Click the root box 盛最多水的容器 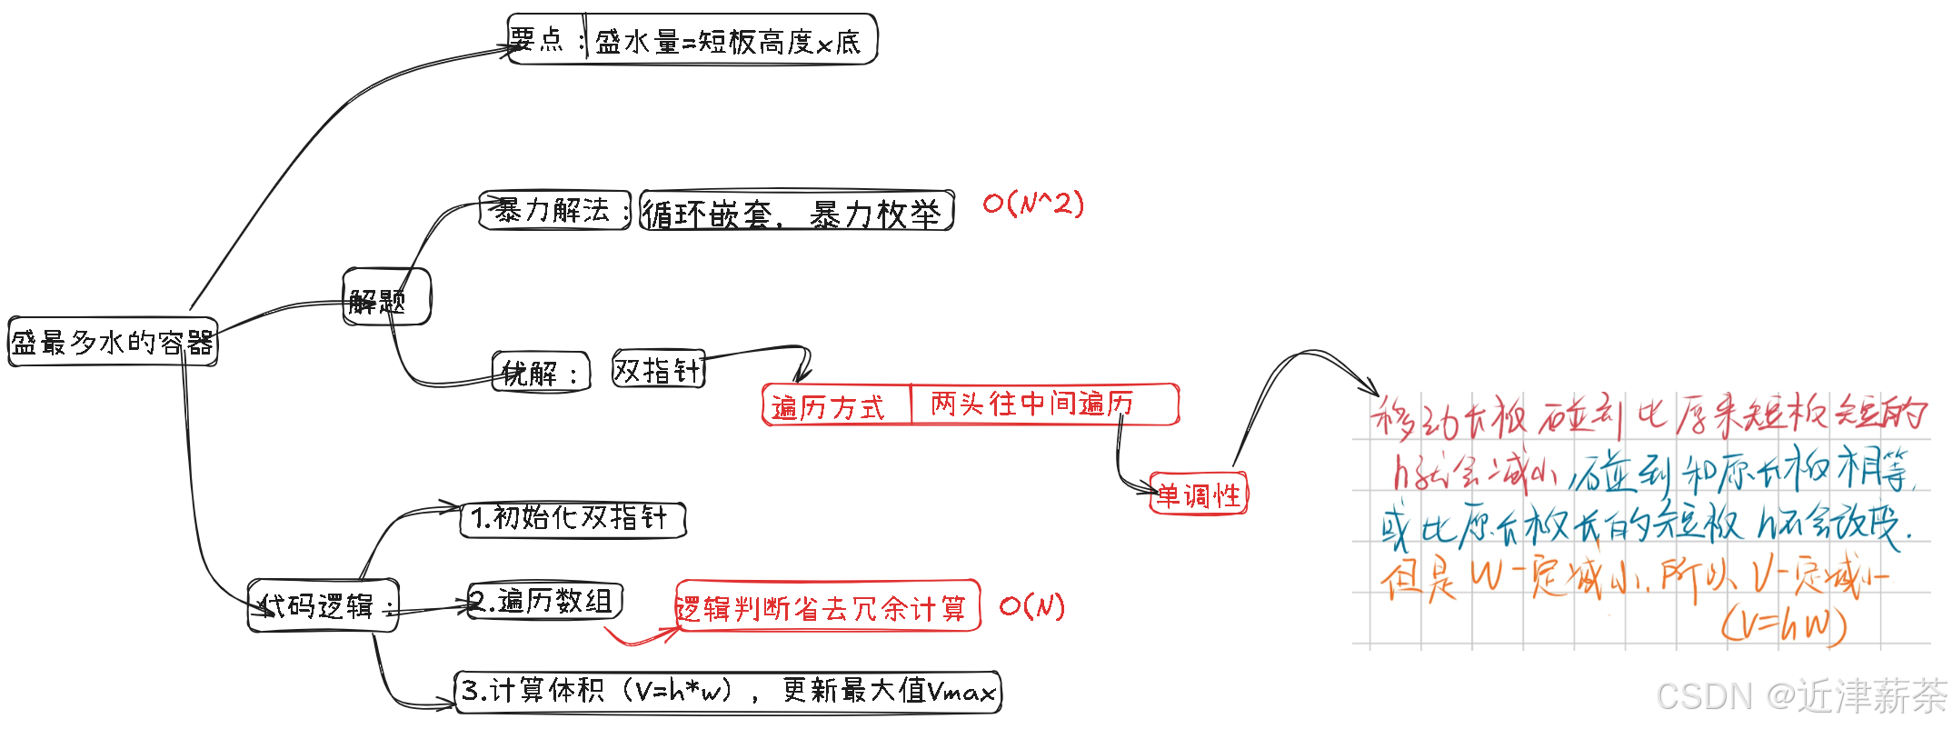pyautogui.click(x=113, y=343)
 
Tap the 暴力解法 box pyautogui.click(x=553, y=211)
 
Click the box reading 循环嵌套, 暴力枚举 pyautogui.click(x=796, y=213)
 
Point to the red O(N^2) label pyautogui.click(x=1033, y=203)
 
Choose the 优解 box pyautogui.click(x=541, y=372)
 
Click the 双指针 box pyautogui.click(x=658, y=369)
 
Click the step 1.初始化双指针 pyautogui.click(x=572, y=519)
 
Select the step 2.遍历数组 pyautogui.click(x=544, y=601)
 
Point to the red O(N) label pyautogui.click(x=1032, y=605)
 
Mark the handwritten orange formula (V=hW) pyautogui.click(x=1784, y=625)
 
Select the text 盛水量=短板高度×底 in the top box pyautogui.click(x=728, y=42)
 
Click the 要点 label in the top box pyautogui.click(x=538, y=40)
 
